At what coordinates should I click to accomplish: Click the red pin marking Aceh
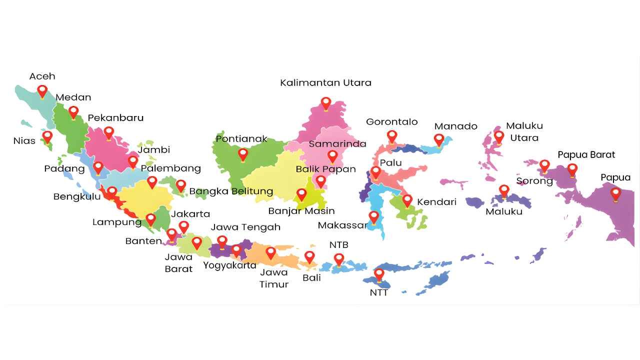42,91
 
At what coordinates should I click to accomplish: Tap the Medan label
73,97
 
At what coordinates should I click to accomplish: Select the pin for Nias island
47,136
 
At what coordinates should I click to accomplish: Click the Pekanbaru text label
115,118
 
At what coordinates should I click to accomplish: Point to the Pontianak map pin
243,154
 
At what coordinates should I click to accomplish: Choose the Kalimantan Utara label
325,82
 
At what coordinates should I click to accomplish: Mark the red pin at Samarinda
332,156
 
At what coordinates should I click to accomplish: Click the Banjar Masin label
301,210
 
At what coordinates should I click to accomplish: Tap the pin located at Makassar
374,217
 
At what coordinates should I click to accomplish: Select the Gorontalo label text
391,121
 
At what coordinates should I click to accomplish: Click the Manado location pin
439,139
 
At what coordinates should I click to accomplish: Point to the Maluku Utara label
524,131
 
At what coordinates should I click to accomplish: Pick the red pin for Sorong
544,165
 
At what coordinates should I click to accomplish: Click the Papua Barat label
586,154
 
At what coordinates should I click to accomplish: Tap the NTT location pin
379,274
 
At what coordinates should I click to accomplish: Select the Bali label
311,277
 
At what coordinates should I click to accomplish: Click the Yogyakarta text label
229,265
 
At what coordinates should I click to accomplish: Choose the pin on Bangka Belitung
181,185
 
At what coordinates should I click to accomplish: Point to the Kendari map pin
407,200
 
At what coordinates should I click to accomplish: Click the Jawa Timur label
274,278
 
